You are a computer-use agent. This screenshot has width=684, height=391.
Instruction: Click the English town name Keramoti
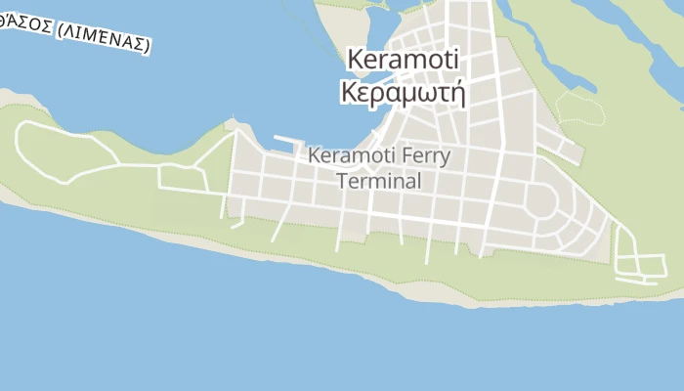pyautogui.click(x=403, y=60)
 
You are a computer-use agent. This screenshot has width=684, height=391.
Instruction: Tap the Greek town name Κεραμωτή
pyautogui.click(x=403, y=92)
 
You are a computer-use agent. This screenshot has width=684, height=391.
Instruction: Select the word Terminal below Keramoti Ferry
pyautogui.click(x=379, y=181)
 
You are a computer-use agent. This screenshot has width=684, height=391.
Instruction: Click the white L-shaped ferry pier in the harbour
pyautogui.click(x=287, y=143)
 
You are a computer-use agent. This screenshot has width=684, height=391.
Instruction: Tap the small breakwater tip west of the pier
pyautogui.click(x=231, y=124)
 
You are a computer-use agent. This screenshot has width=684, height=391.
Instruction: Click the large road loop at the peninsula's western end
pyautogui.click(x=59, y=152)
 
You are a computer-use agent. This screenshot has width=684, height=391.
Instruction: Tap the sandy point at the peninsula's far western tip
pyautogui.click(x=8, y=98)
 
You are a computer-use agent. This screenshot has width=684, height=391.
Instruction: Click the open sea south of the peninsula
pyautogui.click(x=293, y=332)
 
